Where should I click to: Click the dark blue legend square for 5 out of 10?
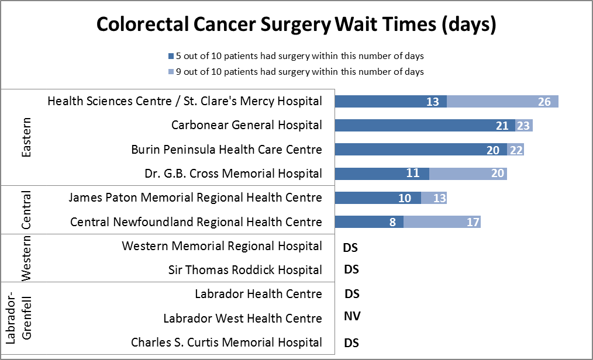point(171,56)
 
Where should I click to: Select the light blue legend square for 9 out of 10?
point(171,71)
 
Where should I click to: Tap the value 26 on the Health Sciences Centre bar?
point(544,102)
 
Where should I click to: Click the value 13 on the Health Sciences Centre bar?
point(433,102)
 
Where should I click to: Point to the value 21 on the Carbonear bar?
point(501,126)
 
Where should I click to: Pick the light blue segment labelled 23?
point(524,126)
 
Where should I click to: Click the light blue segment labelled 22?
point(515,150)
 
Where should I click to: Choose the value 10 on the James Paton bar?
point(405,198)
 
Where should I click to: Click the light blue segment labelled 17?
point(442,222)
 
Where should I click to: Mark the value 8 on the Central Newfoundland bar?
point(392,222)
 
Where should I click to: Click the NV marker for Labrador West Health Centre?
point(351,317)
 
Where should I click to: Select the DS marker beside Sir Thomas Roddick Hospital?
point(350,269)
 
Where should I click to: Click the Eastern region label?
point(26,137)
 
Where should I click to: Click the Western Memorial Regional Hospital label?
point(222,246)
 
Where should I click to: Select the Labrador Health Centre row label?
point(258,294)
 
